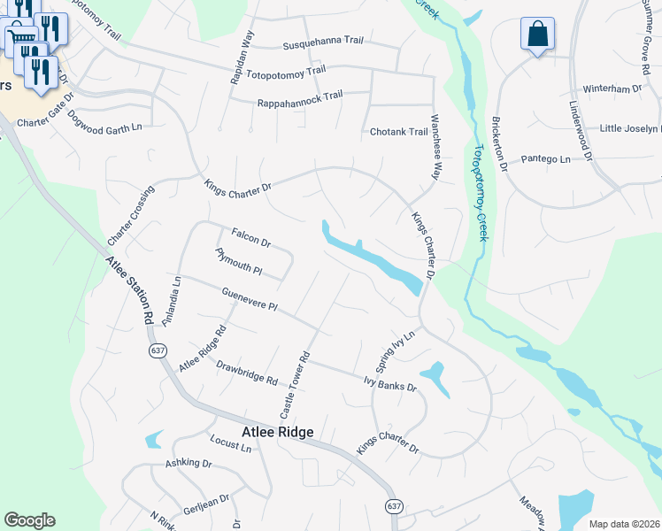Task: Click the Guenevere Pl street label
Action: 250,299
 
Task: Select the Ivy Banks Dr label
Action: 389,383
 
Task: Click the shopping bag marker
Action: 535,35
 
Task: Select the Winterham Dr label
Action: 612,89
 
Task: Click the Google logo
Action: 29,520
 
